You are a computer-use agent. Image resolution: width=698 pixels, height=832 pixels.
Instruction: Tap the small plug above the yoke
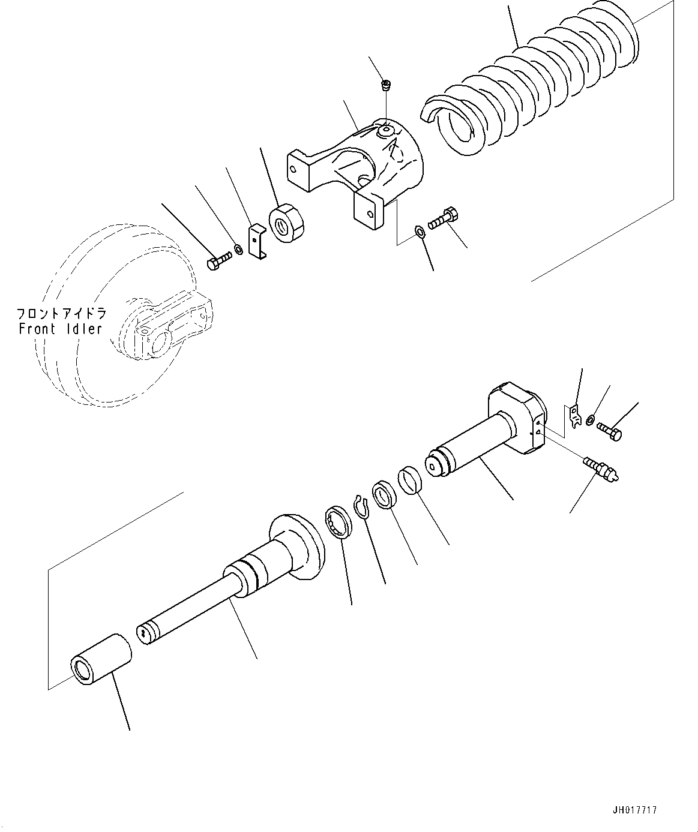coord(387,86)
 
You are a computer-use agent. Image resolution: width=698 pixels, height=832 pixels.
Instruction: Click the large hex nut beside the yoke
coord(287,223)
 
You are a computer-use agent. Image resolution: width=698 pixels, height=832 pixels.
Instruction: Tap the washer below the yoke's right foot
coord(420,231)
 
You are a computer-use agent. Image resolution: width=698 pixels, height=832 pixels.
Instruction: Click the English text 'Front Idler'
coord(60,329)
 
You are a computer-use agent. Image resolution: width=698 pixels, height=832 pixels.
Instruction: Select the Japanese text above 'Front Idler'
coord(60,314)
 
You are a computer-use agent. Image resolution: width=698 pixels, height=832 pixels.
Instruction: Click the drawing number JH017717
coord(634,810)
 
